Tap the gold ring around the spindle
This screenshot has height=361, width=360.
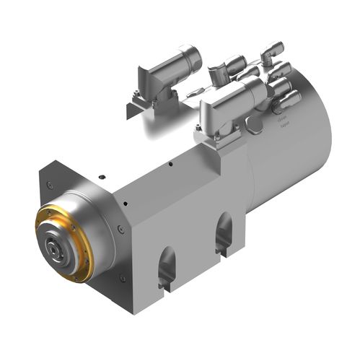click(x=45, y=216)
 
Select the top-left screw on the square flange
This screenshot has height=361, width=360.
click(x=49, y=186)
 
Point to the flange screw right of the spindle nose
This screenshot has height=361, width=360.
click(x=120, y=230)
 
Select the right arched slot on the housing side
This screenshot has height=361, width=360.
click(x=224, y=230)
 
